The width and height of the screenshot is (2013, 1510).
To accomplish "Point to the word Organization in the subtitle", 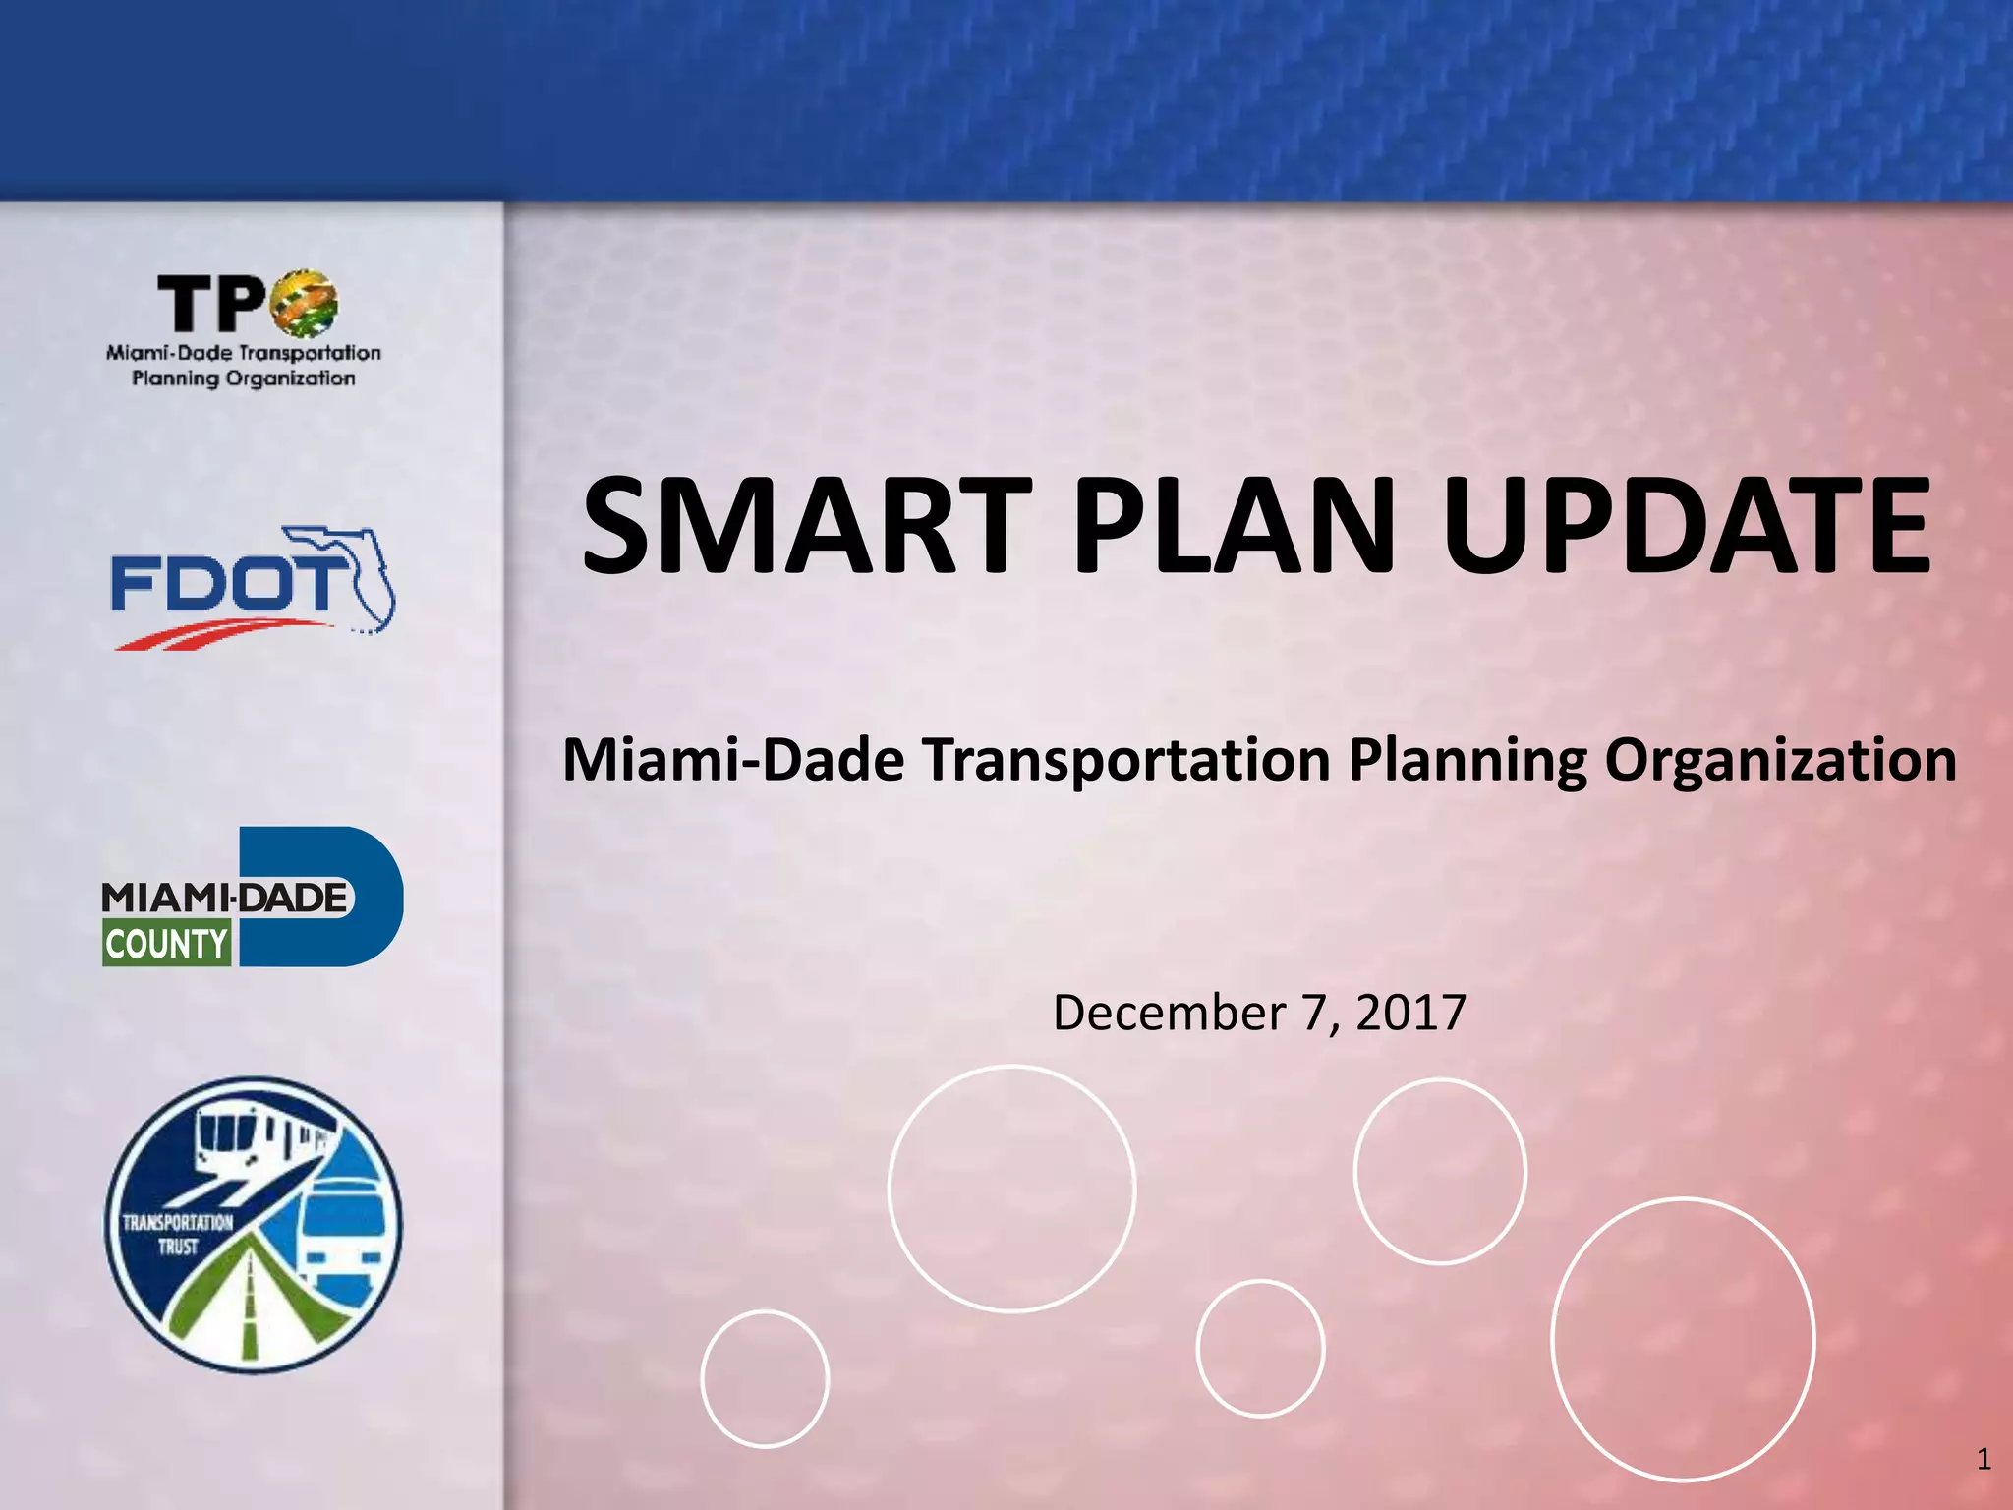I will point(1780,760).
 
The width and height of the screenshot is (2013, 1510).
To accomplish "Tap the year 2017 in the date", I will point(1410,1013).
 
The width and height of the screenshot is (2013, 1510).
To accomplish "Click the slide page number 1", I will point(1984,1459).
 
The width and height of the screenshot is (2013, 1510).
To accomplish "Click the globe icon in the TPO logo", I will point(304,303).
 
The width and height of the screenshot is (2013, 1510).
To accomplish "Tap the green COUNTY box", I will point(167,944).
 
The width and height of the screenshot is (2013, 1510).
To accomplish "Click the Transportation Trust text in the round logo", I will point(178,1235).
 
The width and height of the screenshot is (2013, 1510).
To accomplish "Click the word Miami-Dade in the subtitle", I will point(733,760).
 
